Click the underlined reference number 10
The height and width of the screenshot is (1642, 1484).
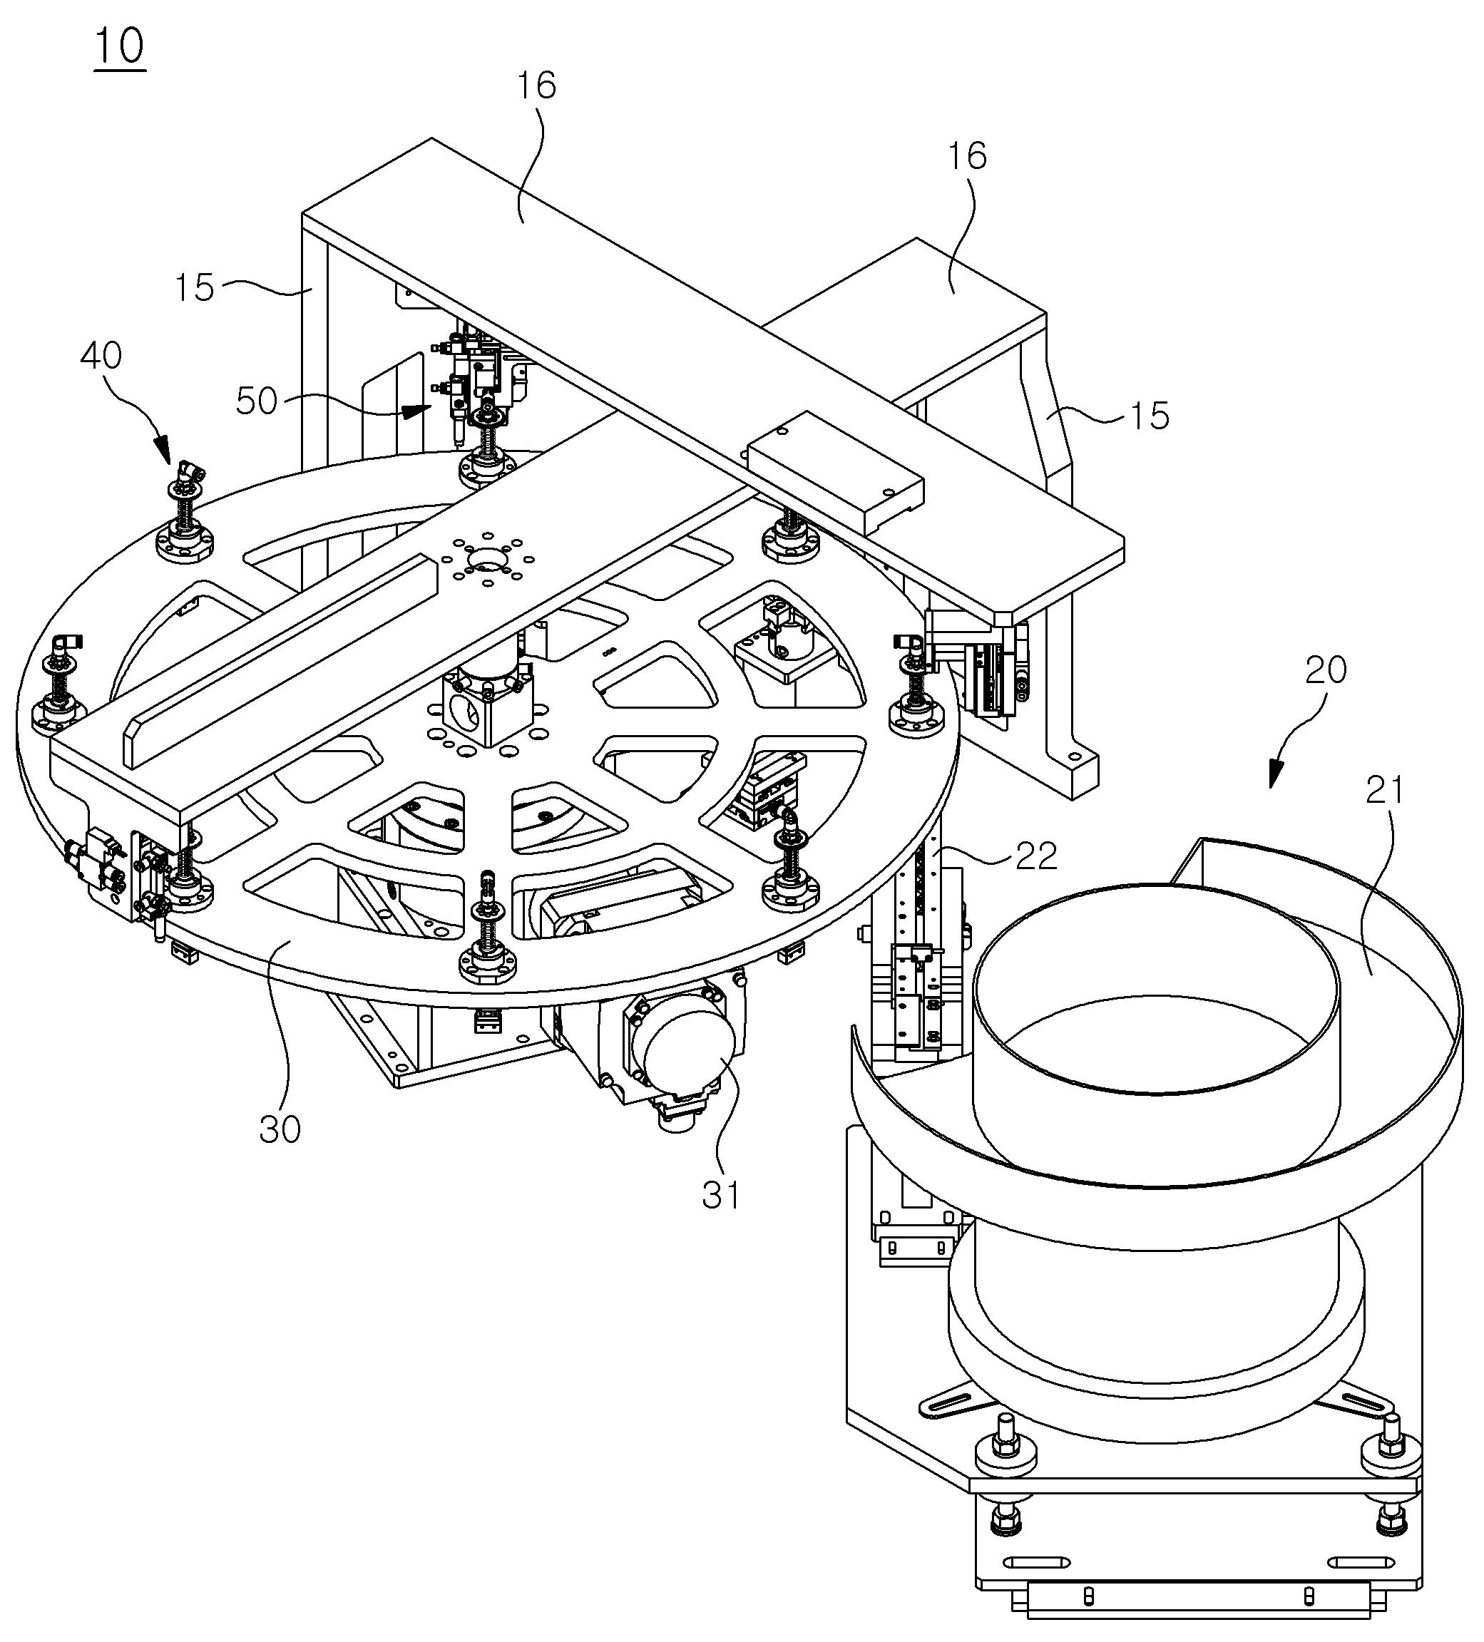pyautogui.click(x=120, y=46)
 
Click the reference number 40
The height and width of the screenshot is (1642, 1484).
pyautogui.click(x=102, y=356)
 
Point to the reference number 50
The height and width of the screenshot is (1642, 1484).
pyautogui.click(x=257, y=401)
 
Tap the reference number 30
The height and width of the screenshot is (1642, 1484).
pyautogui.click(x=280, y=1129)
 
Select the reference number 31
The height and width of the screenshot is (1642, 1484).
pyautogui.click(x=721, y=1195)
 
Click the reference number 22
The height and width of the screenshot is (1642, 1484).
pyautogui.click(x=1035, y=855)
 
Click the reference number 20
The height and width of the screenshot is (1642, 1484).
pyautogui.click(x=1325, y=669)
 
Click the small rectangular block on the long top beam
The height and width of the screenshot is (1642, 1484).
pyautogui.click(x=836, y=473)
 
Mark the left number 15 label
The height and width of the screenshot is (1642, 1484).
pyautogui.click(x=195, y=287)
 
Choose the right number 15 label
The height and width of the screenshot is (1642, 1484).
pyautogui.click(x=1150, y=416)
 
